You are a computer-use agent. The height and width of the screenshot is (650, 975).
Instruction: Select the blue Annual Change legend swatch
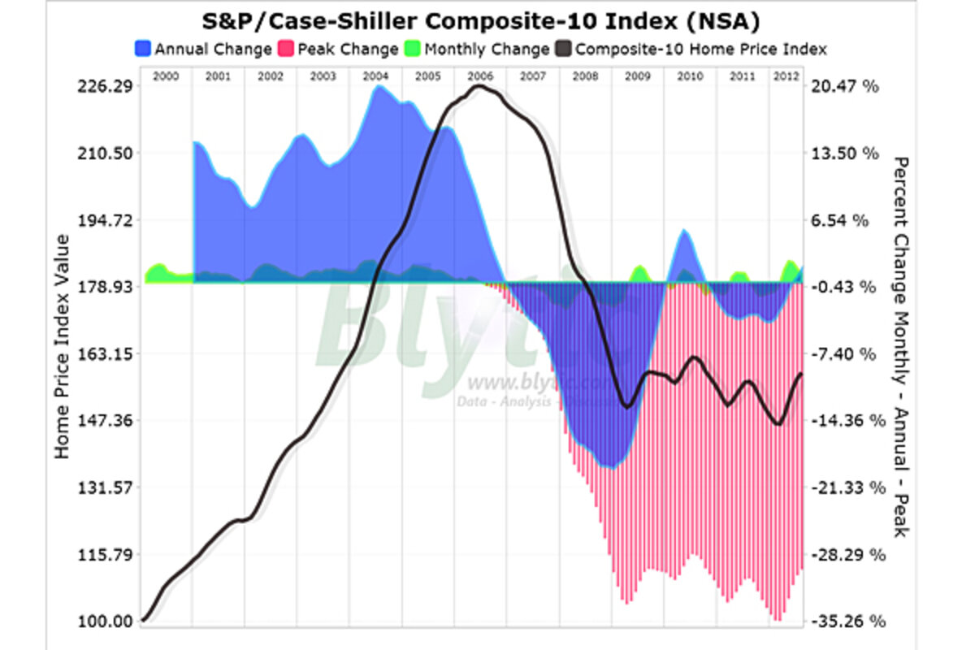(x=143, y=49)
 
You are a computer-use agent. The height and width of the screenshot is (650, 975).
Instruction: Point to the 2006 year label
(x=480, y=76)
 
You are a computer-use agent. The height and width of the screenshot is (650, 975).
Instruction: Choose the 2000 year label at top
(x=165, y=76)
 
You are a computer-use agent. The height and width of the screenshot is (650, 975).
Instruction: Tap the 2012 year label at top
(x=786, y=76)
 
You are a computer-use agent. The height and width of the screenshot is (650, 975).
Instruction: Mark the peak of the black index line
(x=480, y=86)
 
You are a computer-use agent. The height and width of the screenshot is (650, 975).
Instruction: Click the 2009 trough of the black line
(x=626, y=406)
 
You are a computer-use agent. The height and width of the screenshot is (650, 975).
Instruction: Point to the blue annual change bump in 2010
(x=685, y=244)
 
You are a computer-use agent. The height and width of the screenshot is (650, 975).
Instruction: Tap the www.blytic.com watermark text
(x=528, y=382)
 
